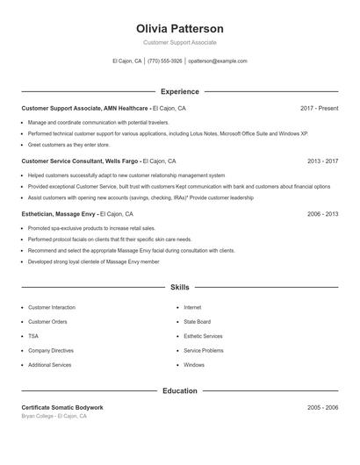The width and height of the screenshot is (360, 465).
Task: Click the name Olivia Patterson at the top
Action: (x=179, y=28)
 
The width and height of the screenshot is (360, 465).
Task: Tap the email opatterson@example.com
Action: (x=218, y=61)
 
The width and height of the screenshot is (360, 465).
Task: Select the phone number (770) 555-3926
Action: (x=165, y=61)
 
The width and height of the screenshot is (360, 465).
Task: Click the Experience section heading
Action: (x=179, y=91)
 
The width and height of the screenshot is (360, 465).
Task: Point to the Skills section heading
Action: (x=179, y=287)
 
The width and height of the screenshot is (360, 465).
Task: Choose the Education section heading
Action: (x=179, y=390)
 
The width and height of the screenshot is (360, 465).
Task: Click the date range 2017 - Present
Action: (x=319, y=108)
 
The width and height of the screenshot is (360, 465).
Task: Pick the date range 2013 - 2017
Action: (x=322, y=161)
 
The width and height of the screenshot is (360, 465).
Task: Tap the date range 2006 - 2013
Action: (x=322, y=214)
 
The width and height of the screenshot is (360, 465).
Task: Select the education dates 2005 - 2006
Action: (x=322, y=408)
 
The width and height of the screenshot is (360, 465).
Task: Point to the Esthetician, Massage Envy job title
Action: (x=59, y=214)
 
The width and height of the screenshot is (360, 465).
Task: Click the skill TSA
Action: (x=33, y=336)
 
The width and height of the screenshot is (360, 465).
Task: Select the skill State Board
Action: (x=196, y=322)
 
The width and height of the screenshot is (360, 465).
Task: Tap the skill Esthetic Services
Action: (x=203, y=336)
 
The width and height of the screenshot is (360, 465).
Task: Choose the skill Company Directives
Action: (x=50, y=350)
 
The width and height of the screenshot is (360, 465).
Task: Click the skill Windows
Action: (x=194, y=364)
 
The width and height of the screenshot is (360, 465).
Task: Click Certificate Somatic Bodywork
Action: (x=62, y=408)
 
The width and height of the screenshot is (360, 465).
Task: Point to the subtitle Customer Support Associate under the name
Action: (x=179, y=42)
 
